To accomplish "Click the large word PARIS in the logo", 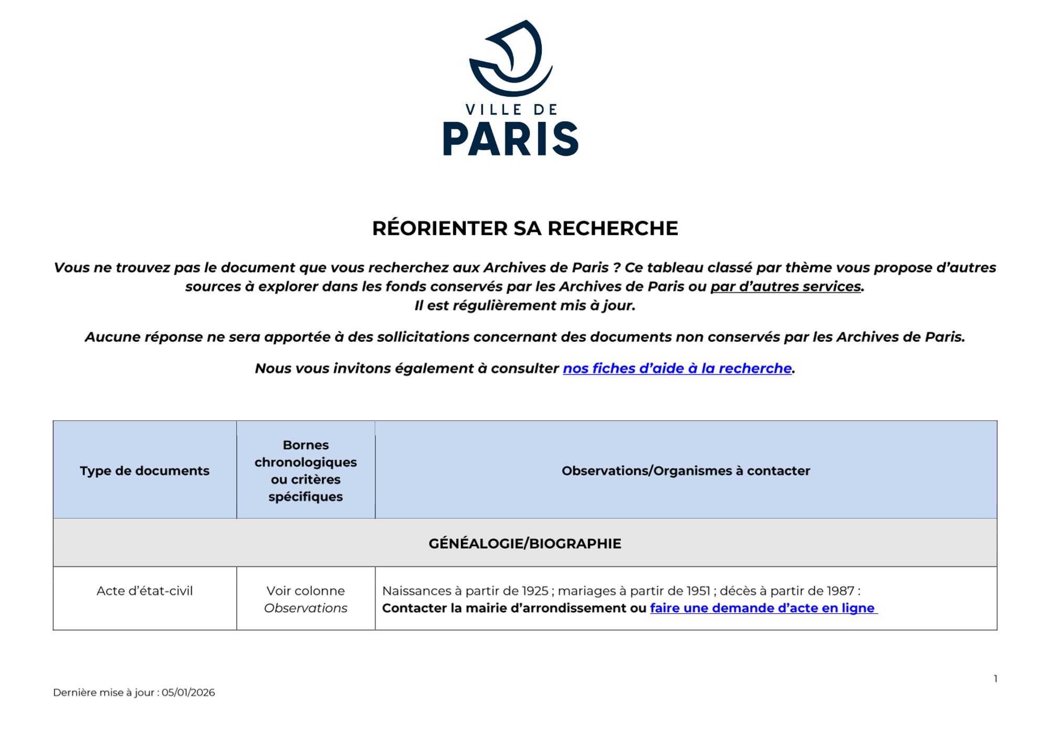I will click(x=510, y=139).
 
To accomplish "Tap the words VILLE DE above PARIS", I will click(x=511, y=110).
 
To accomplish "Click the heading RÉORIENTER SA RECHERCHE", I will click(x=525, y=228).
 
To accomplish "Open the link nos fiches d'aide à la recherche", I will click(x=677, y=369).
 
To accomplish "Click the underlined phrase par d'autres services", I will click(x=785, y=287).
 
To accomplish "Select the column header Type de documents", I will click(x=144, y=471).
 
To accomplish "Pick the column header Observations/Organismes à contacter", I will click(x=686, y=471).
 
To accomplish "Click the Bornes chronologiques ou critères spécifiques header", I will click(x=306, y=471).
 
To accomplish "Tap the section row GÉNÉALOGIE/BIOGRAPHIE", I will click(x=524, y=543).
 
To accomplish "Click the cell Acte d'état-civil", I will click(x=144, y=591).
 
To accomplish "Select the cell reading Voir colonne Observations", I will click(x=306, y=599).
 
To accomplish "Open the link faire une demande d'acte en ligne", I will click(x=762, y=608).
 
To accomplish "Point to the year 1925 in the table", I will click(x=535, y=591).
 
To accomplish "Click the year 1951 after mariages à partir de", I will click(x=699, y=591).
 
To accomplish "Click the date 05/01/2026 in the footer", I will click(x=188, y=693).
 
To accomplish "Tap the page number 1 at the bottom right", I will click(x=995, y=679).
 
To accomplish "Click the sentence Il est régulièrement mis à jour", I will click(x=525, y=306).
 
